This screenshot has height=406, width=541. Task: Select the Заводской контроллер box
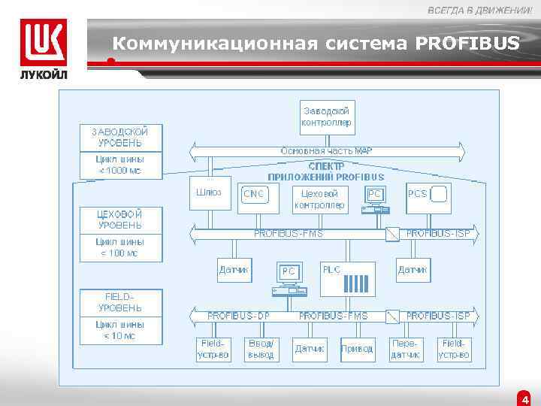click(x=327, y=116)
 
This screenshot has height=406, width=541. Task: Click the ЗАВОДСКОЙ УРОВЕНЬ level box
click(x=120, y=137)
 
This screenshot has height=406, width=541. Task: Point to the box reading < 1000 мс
click(x=120, y=165)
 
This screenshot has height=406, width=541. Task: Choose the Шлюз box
click(x=209, y=193)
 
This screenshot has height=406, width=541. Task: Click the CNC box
click(x=255, y=195)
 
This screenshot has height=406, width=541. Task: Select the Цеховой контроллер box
click(x=320, y=199)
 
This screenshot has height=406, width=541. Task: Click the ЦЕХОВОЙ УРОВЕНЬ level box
click(x=120, y=219)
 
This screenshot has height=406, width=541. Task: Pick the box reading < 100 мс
click(x=120, y=248)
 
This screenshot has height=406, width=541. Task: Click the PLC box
click(x=346, y=278)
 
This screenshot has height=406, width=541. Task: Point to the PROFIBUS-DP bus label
click(x=239, y=316)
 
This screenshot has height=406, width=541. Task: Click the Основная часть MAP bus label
click(x=327, y=151)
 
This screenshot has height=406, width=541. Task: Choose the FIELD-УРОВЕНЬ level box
click(x=120, y=302)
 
